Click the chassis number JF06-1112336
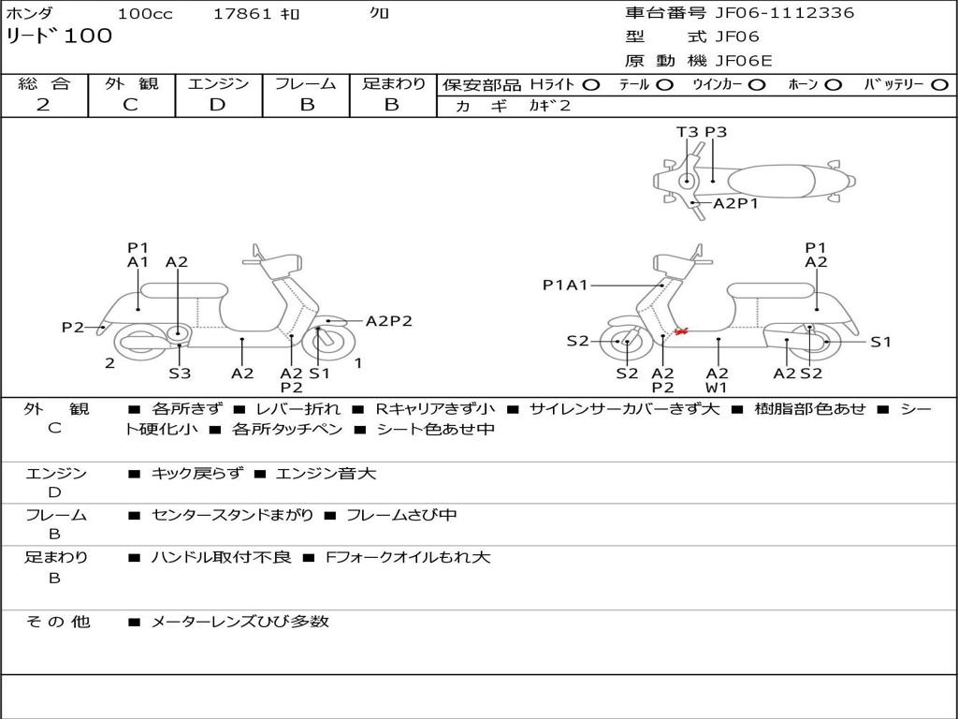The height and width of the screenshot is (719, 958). point(785,13)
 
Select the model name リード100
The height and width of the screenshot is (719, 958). point(59,36)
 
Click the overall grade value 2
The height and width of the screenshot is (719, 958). point(43,105)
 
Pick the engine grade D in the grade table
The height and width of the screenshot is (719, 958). point(217,105)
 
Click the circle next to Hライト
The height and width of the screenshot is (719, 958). point(591,85)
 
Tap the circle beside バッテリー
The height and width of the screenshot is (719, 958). point(939,85)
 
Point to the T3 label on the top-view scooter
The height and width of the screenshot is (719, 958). point(687,132)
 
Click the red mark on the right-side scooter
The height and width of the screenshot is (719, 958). point(681,330)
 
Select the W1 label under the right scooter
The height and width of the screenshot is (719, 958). point(716,388)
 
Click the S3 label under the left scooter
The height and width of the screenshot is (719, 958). point(180,373)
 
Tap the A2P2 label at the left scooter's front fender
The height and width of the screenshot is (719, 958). point(388,321)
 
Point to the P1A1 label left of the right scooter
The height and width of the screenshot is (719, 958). point(565,285)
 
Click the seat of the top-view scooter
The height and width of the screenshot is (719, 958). point(772,182)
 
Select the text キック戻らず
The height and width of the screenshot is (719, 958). point(196,473)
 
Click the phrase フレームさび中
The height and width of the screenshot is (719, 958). point(401,515)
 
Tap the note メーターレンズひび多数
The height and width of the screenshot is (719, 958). point(240,622)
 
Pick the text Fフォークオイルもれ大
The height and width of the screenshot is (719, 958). point(408,557)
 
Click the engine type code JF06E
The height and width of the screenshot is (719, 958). point(744,61)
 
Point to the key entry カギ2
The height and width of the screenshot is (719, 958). point(550,106)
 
